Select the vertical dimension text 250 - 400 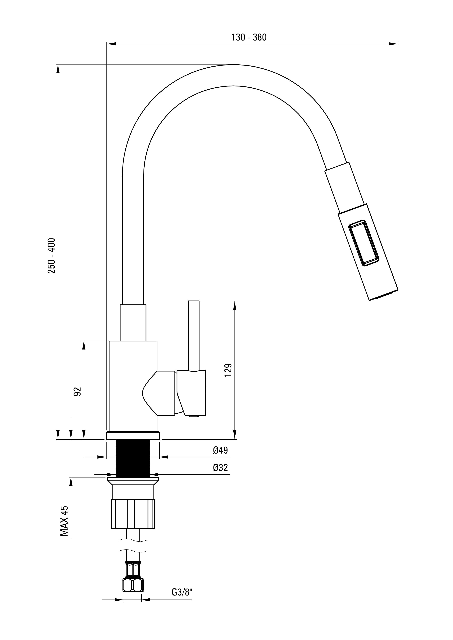52,255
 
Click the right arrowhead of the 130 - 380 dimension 393,44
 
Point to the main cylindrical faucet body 133,386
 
